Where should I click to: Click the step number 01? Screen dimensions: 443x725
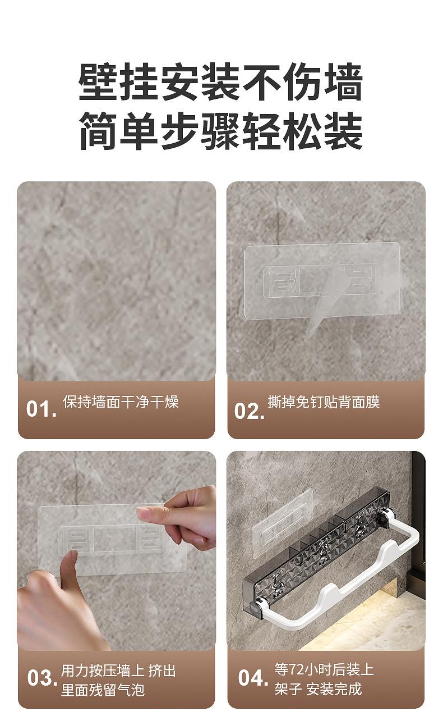[41, 408]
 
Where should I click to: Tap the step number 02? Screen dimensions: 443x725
[249, 411]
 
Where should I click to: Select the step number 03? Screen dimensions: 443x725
[42, 677]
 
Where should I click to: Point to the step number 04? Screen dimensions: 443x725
[253, 677]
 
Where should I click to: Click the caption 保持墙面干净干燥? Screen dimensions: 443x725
[121, 402]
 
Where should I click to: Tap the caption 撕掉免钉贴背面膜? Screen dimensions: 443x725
[324, 402]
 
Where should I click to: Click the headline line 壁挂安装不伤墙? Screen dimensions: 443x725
[221, 81]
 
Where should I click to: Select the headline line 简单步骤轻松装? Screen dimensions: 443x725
[221, 131]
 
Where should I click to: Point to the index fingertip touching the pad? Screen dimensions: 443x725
[142, 512]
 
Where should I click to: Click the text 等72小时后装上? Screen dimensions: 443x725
[324, 669]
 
